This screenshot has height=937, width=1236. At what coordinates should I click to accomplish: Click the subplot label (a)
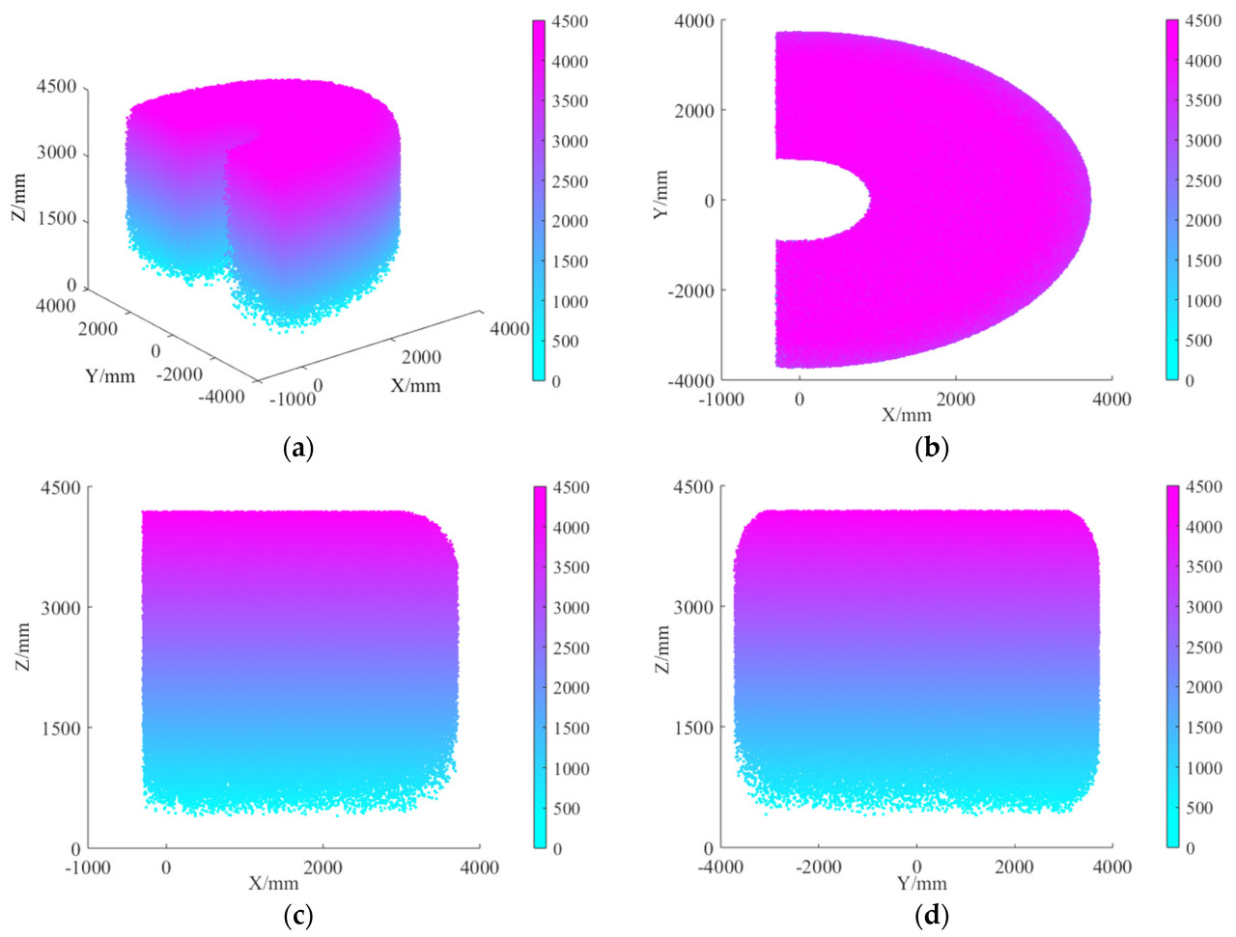[x=297, y=448]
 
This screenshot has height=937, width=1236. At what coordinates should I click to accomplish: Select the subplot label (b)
[x=931, y=448]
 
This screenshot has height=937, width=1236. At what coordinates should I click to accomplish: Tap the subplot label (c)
[x=297, y=914]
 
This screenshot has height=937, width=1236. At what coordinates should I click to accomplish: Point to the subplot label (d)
[x=931, y=914]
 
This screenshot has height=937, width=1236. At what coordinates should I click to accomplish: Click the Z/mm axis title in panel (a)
[x=18, y=199]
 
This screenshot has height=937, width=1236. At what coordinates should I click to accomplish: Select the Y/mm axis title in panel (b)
[x=661, y=195]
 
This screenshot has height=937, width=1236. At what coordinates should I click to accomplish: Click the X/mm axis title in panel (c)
[x=273, y=883]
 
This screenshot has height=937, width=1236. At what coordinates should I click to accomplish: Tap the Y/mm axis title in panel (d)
[x=921, y=883]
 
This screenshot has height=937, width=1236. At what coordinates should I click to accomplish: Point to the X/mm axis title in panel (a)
[x=415, y=386]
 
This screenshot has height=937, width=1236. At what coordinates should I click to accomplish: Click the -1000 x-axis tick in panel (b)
[x=720, y=400]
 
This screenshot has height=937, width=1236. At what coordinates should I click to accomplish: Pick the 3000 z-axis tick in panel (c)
[x=60, y=608]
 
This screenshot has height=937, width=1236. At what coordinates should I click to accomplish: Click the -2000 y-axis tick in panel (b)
[x=690, y=290]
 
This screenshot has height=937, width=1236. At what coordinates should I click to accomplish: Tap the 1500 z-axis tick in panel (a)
[x=57, y=219]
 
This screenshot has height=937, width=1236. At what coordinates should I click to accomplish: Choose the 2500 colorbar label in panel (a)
[x=570, y=181]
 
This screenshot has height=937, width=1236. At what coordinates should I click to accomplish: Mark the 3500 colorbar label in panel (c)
[x=572, y=567]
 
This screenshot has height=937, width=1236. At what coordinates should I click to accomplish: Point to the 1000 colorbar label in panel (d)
[x=1203, y=768]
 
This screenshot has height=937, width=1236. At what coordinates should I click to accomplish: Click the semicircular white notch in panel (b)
[x=821, y=200]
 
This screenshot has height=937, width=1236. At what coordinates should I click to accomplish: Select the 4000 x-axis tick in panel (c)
[x=479, y=867]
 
